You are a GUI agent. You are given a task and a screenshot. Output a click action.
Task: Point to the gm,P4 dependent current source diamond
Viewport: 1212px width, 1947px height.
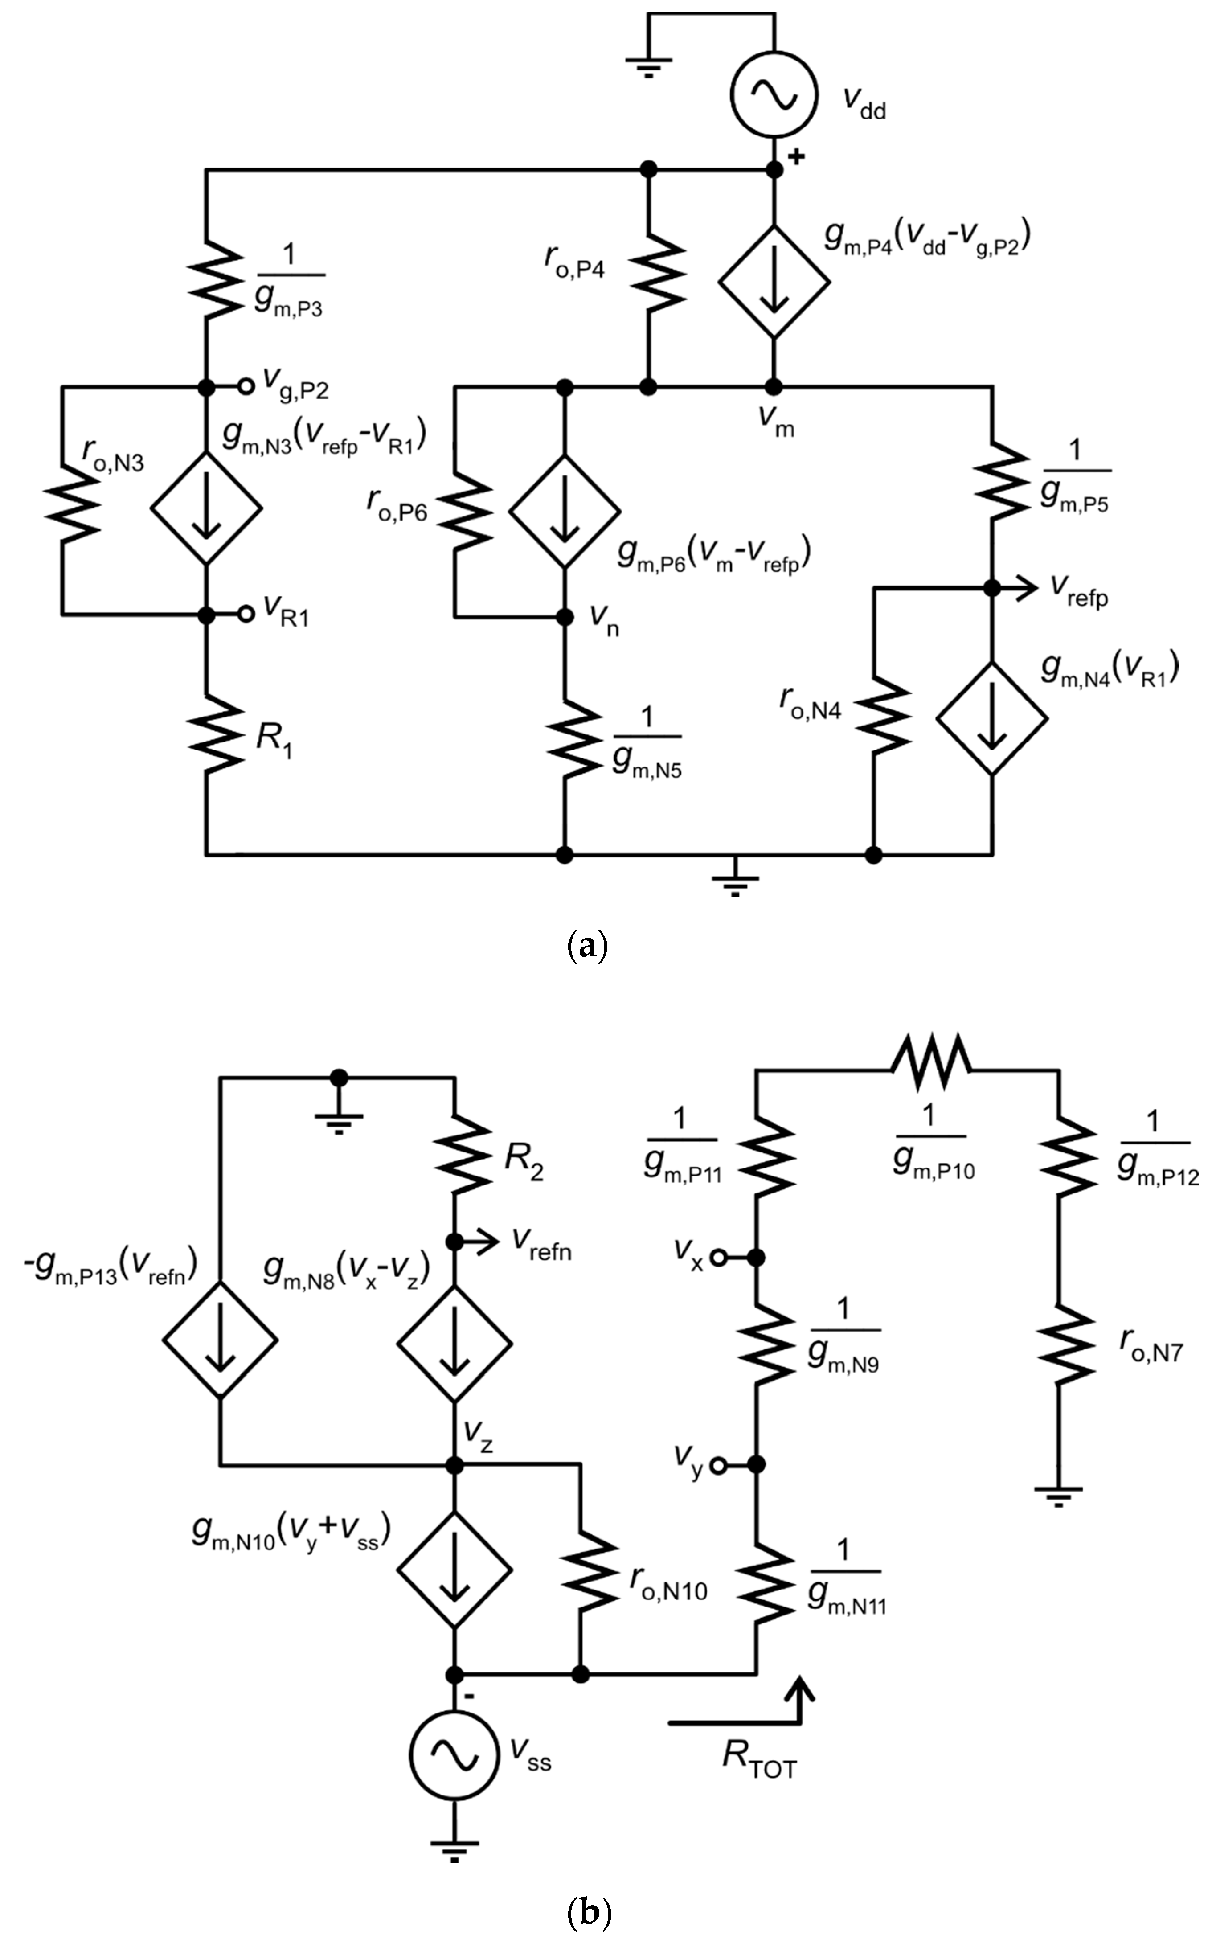click(x=774, y=281)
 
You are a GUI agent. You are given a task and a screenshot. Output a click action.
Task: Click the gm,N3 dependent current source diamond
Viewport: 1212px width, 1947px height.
click(x=207, y=508)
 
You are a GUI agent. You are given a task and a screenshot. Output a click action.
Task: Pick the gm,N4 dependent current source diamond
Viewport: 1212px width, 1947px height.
click(x=992, y=717)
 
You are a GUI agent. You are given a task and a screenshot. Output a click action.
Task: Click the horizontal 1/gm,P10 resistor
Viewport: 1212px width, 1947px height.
click(x=931, y=1069)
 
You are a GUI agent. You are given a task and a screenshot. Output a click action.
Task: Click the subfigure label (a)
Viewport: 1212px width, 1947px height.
click(x=588, y=946)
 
